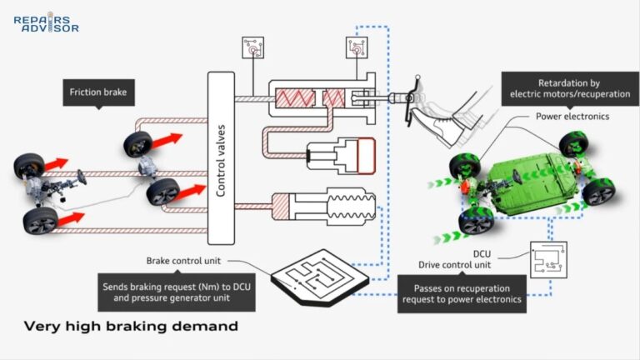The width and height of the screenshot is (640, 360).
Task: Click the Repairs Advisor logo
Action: click(x=46, y=22)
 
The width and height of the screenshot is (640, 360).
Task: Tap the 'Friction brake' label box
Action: click(x=97, y=92)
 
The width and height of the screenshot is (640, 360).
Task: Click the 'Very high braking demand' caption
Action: click(x=131, y=326)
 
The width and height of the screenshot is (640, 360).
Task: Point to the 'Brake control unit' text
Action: click(x=186, y=260)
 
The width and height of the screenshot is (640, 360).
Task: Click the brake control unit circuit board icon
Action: click(x=321, y=275)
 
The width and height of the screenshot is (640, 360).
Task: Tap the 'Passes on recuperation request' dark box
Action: click(x=461, y=292)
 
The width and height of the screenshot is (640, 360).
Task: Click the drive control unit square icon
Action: click(x=548, y=258)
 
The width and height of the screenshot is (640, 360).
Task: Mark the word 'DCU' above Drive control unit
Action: click(x=457, y=253)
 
